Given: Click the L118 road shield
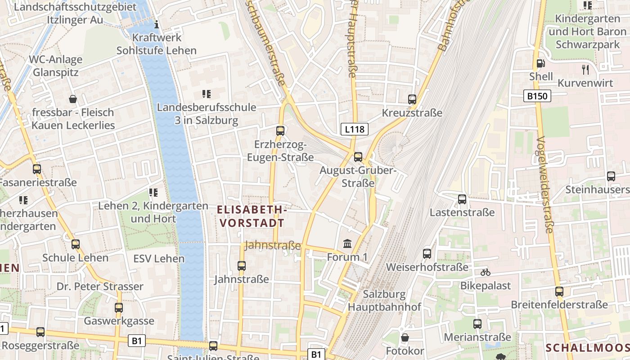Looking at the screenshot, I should click(x=355, y=130).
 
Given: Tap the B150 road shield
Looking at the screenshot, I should click(x=538, y=96).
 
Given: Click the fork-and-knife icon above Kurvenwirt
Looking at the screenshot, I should click(x=585, y=69).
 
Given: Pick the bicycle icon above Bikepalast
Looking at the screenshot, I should click(x=485, y=272).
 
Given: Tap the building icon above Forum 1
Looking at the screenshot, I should click(x=347, y=244).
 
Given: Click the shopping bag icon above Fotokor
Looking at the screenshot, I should click(x=405, y=337).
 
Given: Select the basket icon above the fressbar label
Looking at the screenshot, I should click(x=73, y=99).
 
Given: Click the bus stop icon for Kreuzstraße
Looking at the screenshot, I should click(x=412, y=99).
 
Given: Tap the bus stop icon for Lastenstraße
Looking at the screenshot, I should click(x=462, y=199).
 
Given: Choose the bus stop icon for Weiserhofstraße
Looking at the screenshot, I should click(x=427, y=254).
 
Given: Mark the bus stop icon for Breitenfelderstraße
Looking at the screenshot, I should click(x=559, y=292).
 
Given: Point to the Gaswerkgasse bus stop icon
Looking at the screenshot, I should click(x=119, y=308).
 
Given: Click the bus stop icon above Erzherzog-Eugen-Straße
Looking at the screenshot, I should click(x=280, y=131).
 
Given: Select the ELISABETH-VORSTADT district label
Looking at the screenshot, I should click(x=252, y=216).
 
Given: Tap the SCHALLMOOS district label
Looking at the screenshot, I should click(x=587, y=347).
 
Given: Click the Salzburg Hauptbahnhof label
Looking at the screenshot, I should click(x=384, y=301).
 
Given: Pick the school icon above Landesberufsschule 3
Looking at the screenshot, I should click(x=207, y=94).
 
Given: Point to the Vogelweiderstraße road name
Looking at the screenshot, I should click(x=544, y=184).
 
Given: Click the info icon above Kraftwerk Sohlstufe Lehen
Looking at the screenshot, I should click(x=157, y=24).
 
